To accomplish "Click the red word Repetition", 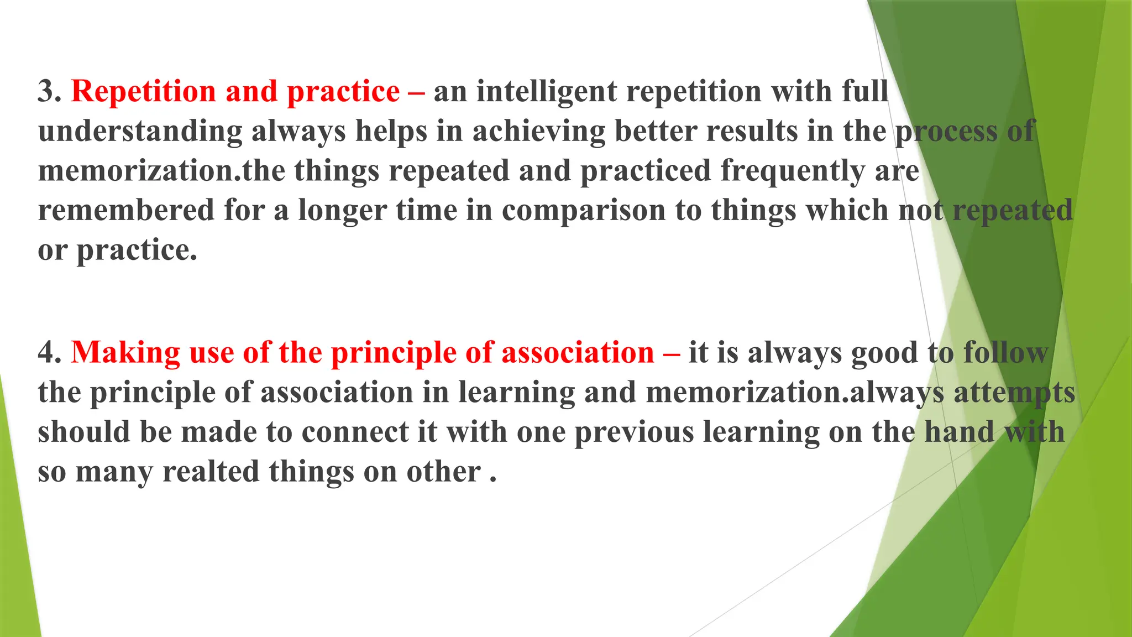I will (143, 91).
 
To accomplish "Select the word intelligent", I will (546, 91).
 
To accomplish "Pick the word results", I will (752, 131).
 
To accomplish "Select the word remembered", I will (126, 211).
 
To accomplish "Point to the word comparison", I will (584, 211).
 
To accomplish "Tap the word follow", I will (1005, 352).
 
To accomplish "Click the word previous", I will (634, 432).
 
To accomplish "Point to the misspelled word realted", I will (211, 472).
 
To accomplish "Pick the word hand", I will (960, 432).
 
